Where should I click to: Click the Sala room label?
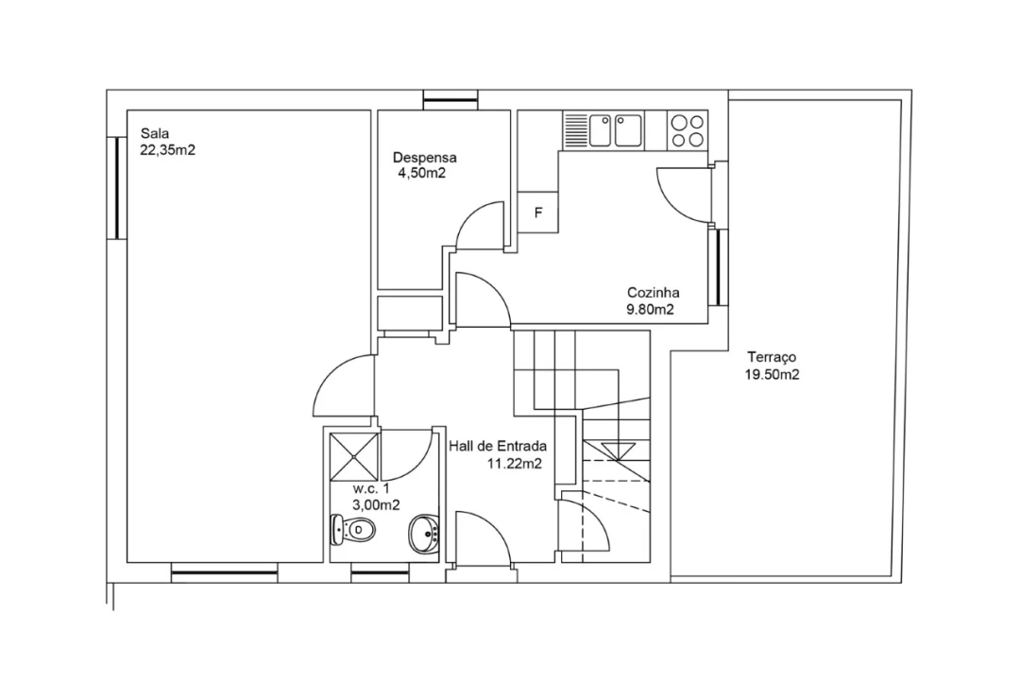tap(155, 134)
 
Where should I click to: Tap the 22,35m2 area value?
tap(168, 150)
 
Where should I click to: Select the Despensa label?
tap(425, 158)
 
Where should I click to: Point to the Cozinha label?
tap(654, 293)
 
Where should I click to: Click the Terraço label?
tap(772, 357)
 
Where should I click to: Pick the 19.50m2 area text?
tap(773, 375)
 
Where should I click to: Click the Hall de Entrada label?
tap(498, 447)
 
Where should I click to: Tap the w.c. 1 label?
tap(371, 488)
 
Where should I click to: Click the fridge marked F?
tap(538, 212)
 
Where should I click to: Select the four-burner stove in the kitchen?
tap(688, 130)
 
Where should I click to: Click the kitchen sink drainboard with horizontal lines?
tap(575, 130)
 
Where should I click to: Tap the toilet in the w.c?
tap(353, 531)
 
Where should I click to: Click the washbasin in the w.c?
tap(424, 535)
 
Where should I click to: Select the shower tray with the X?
tap(354, 457)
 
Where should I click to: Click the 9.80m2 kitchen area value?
tap(650, 310)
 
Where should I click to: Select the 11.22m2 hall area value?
tap(515, 464)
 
